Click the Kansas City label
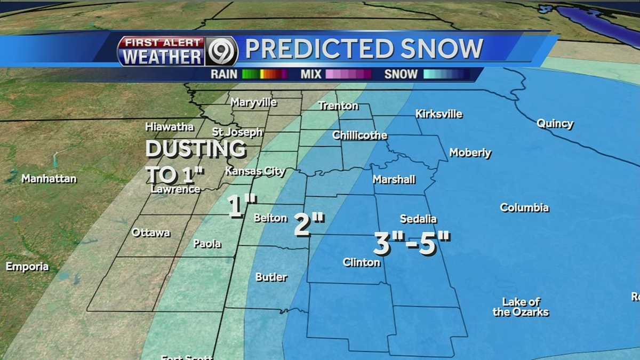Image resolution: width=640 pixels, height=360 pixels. coord(255,171)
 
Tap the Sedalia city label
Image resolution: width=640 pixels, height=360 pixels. coord(418,219)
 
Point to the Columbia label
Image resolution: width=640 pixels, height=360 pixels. coord(524,207)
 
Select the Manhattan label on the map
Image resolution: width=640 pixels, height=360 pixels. coord(49,179)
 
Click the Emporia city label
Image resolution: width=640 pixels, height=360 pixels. coord(27,267)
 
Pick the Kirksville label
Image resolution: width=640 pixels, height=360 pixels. coord(438,114)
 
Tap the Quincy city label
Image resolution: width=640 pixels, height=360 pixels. coord(555,124)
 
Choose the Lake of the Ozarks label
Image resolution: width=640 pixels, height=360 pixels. coord(521,307)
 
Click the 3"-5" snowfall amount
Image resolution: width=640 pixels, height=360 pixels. coord(412,244)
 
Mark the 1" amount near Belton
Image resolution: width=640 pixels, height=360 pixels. coord(242,207)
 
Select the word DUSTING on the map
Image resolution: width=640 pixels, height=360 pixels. coord(196,149)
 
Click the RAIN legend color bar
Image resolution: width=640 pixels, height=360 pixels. coord(265,74)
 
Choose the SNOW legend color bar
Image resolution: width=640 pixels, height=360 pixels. coord(447,74)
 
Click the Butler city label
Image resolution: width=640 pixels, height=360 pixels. coord(271,277)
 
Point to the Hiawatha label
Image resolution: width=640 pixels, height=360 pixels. coord(169,127)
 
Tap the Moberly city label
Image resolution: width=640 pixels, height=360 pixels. coord(470,153)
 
